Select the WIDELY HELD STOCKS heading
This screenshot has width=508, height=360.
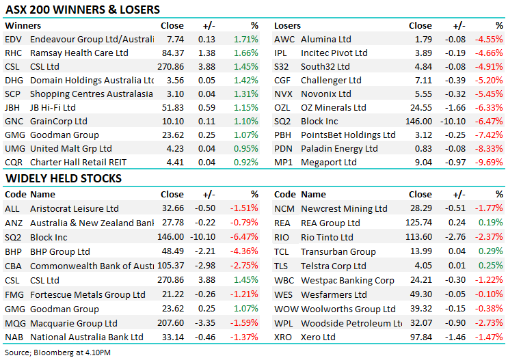pyautogui.click(x=64, y=178)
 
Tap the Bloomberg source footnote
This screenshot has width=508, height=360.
pyautogui.click(x=51, y=352)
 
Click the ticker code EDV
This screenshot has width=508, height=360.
pyautogui.click(x=13, y=40)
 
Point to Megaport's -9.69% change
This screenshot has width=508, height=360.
pyautogui.click(x=490, y=163)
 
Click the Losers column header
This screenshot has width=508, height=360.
pyautogui.click(x=288, y=26)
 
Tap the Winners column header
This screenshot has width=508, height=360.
pyautogui.click(x=23, y=26)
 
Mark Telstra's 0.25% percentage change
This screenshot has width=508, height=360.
pyautogui.click(x=490, y=266)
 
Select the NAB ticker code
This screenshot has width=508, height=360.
pyautogui.click(x=13, y=337)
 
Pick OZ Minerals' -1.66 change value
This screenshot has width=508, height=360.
pyautogui.click(x=457, y=108)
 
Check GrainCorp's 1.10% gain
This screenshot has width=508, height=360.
pyautogui.click(x=245, y=122)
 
